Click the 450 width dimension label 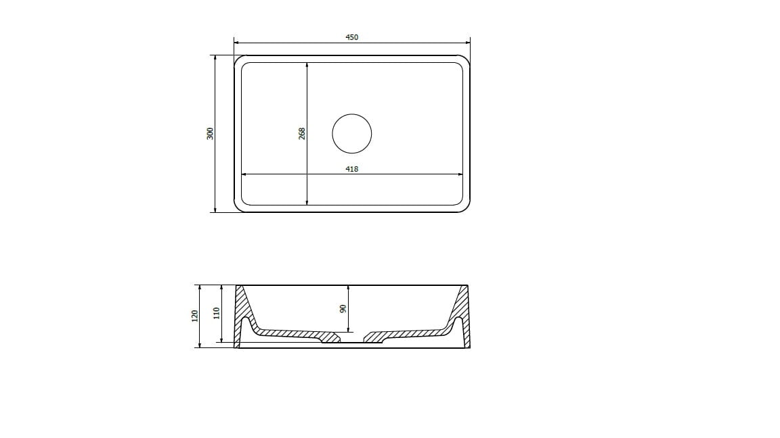point(351,37)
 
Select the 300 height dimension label point(211,134)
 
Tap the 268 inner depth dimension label point(302,134)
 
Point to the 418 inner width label point(351,170)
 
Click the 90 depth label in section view point(343,309)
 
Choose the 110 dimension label point(217,314)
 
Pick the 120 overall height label point(195,316)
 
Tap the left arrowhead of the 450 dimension point(237,43)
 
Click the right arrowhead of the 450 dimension point(467,43)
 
